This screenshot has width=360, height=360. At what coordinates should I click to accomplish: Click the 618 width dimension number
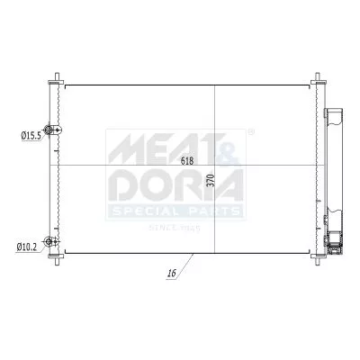click(187, 161)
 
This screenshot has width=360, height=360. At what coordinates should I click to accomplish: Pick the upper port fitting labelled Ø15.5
click(57, 132)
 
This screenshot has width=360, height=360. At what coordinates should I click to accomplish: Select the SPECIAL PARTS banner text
click(175, 211)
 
